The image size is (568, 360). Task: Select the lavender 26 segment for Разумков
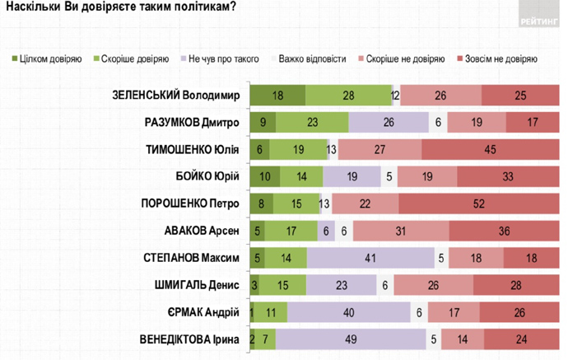point(389,122)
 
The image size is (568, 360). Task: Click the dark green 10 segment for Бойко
point(264,176)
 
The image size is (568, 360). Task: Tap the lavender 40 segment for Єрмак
point(350,312)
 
